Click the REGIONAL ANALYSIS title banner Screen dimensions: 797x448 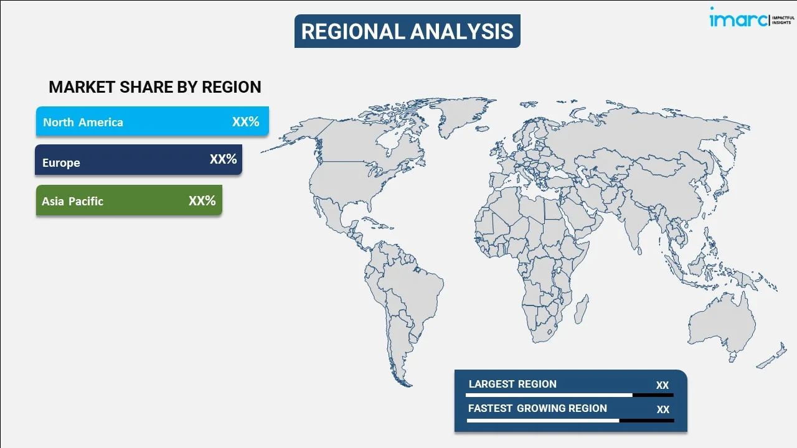[x=407, y=31]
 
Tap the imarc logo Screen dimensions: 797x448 [x=751, y=18]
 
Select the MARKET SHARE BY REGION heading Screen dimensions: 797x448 [x=155, y=87]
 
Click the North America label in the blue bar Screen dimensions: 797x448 [x=83, y=123]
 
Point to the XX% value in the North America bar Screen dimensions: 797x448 [x=246, y=121]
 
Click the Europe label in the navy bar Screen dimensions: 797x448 [x=61, y=163]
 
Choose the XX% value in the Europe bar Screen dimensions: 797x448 [x=224, y=159]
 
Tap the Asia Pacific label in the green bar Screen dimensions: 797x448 [x=73, y=201]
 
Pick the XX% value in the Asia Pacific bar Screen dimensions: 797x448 [x=202, y=200]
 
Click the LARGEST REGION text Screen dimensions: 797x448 [x=512, y=384]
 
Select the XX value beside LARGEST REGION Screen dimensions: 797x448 [x=663, y=385]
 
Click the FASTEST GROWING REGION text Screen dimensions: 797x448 [x=537, y=408]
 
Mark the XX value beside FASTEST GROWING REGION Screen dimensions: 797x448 [x=663, y=409]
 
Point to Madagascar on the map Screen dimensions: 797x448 [x=581, y=309]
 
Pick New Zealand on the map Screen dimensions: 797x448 [x=772, y=357]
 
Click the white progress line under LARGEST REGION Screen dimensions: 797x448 [x=549, y=395]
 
